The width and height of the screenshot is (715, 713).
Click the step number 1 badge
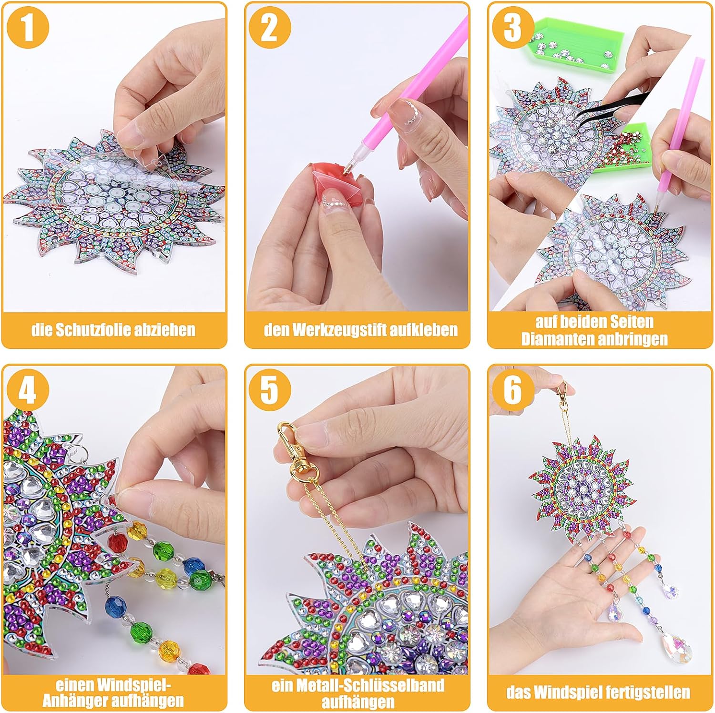tap(28, 28)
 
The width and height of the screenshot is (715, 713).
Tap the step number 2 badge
tap(269, 28)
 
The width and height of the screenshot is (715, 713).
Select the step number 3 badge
tap(512, 28)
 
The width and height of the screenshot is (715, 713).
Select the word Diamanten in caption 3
tap(554, 339)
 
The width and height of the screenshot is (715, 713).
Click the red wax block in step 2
tap(329, 180)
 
